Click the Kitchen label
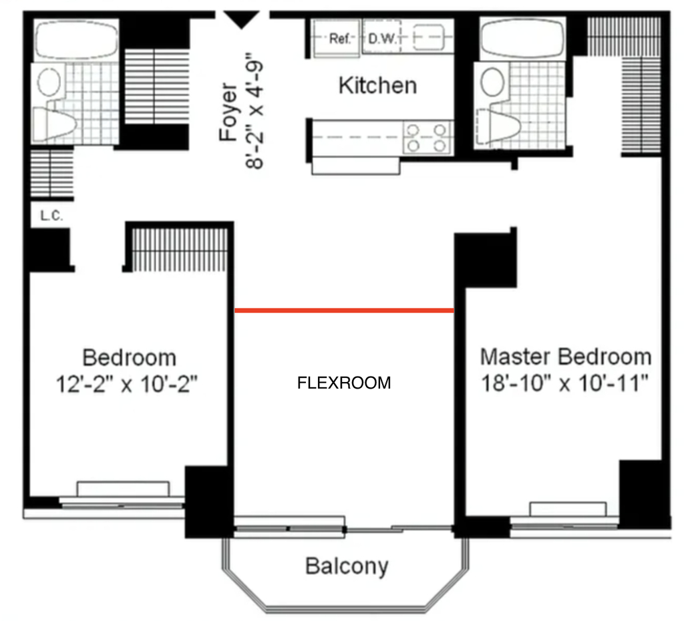[x=378, y=85]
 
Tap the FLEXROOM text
[x=344, y=383]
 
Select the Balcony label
[x=347, y=566]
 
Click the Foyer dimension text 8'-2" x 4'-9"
[x=254, y=111]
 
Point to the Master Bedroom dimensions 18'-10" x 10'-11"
[x=564, y=383]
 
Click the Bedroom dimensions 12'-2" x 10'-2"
[x=126, y=385]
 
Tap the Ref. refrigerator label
[x=340, y=39]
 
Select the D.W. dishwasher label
[x=382, y=39]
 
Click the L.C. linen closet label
[x=51, y=216]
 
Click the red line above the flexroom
[x=344, y=310]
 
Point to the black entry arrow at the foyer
[x=241, y=20]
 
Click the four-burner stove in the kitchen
[x=426, y=138]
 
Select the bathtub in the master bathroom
[x=523, y=39]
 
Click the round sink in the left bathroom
[x=49, y=81]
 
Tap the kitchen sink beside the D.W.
[x=428, y=37]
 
